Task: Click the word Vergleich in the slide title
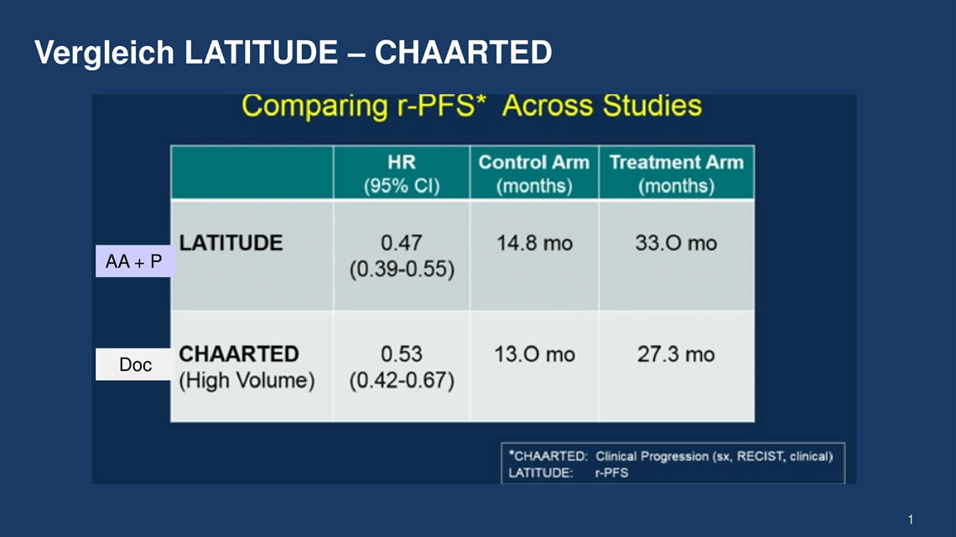point(104,53)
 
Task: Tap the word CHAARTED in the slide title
point(464,52)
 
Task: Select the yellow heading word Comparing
point(314,106)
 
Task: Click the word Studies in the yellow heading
point(652,106)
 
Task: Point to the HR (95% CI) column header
point(402,173)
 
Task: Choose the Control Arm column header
point(534,173)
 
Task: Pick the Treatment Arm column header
point(676,173)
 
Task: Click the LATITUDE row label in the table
point(231,243)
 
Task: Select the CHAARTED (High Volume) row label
point(247,367)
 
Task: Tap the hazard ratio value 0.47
point(401,243)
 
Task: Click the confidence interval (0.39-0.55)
point(402,269)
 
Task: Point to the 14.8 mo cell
point(535,244)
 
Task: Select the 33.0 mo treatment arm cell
point(676,244)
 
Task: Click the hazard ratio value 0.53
point(401,354)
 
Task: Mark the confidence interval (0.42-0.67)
point(402,380)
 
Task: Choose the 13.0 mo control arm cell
point(535,354)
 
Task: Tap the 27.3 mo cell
point(676,354)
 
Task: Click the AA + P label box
point(134,261)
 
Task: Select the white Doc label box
point(134,364)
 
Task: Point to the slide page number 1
point(910,519)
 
